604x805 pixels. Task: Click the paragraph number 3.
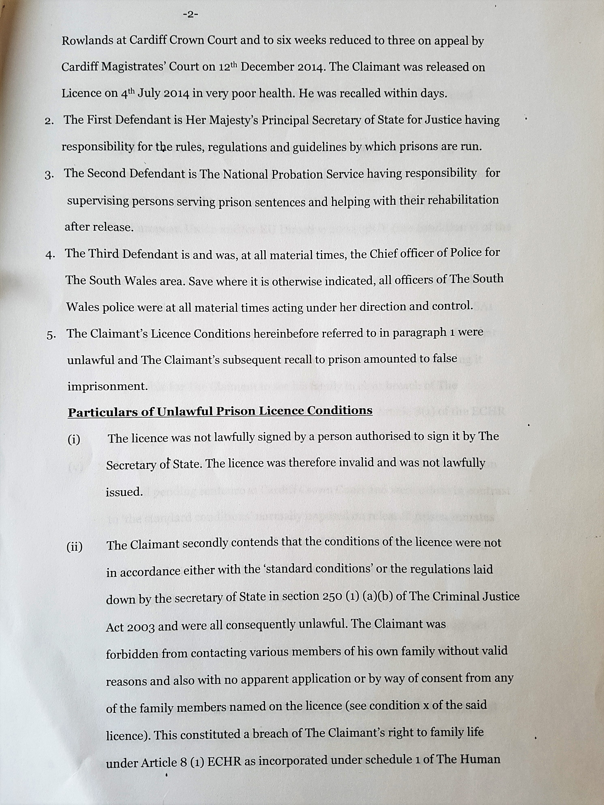pos(49,175)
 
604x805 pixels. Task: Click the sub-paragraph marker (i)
pos(74,440)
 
